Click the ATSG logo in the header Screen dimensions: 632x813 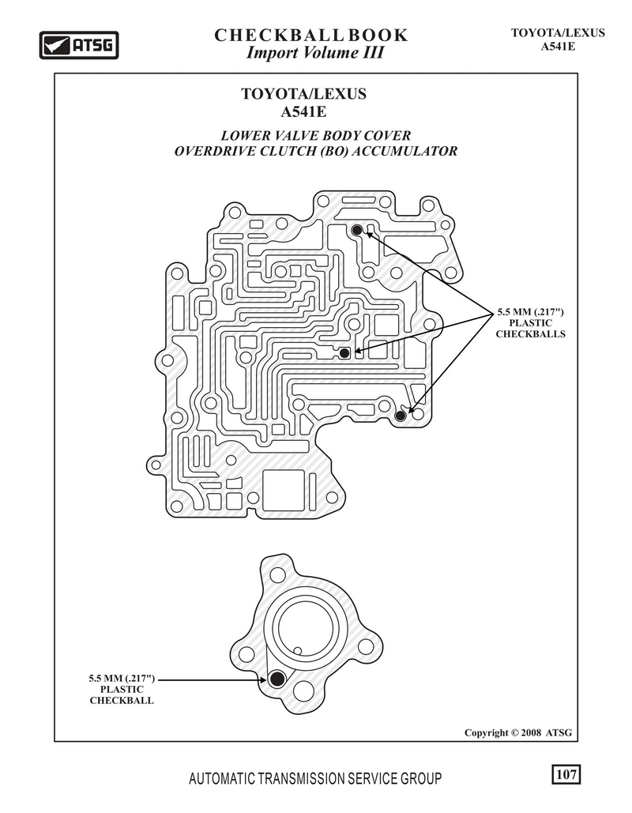coord(79,45)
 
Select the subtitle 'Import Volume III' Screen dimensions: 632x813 coord(314,53)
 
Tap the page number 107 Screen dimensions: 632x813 coord(566,774)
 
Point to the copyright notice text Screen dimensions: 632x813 coord(518,732)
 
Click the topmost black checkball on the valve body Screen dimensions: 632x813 coord(357,230)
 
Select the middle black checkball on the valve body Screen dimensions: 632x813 coord(344,353)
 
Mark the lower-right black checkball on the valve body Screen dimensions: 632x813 coord(400,416)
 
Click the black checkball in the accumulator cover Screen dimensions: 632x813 coord(276,679)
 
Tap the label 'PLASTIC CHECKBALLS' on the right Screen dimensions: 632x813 coord(530,328)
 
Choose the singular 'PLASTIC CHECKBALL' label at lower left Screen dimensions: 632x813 coord(122,694)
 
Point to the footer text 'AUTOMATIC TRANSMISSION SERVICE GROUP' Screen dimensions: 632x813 coord(315,778)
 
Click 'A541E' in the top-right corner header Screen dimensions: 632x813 coord(558,46)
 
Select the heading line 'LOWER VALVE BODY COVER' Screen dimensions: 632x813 coord(316,136)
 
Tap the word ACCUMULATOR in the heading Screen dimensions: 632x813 coord(404,152)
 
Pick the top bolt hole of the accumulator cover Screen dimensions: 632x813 coord(278,575)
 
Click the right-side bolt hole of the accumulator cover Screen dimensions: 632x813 coord(366,647)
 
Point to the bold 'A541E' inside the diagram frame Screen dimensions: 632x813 coord(304,111)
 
